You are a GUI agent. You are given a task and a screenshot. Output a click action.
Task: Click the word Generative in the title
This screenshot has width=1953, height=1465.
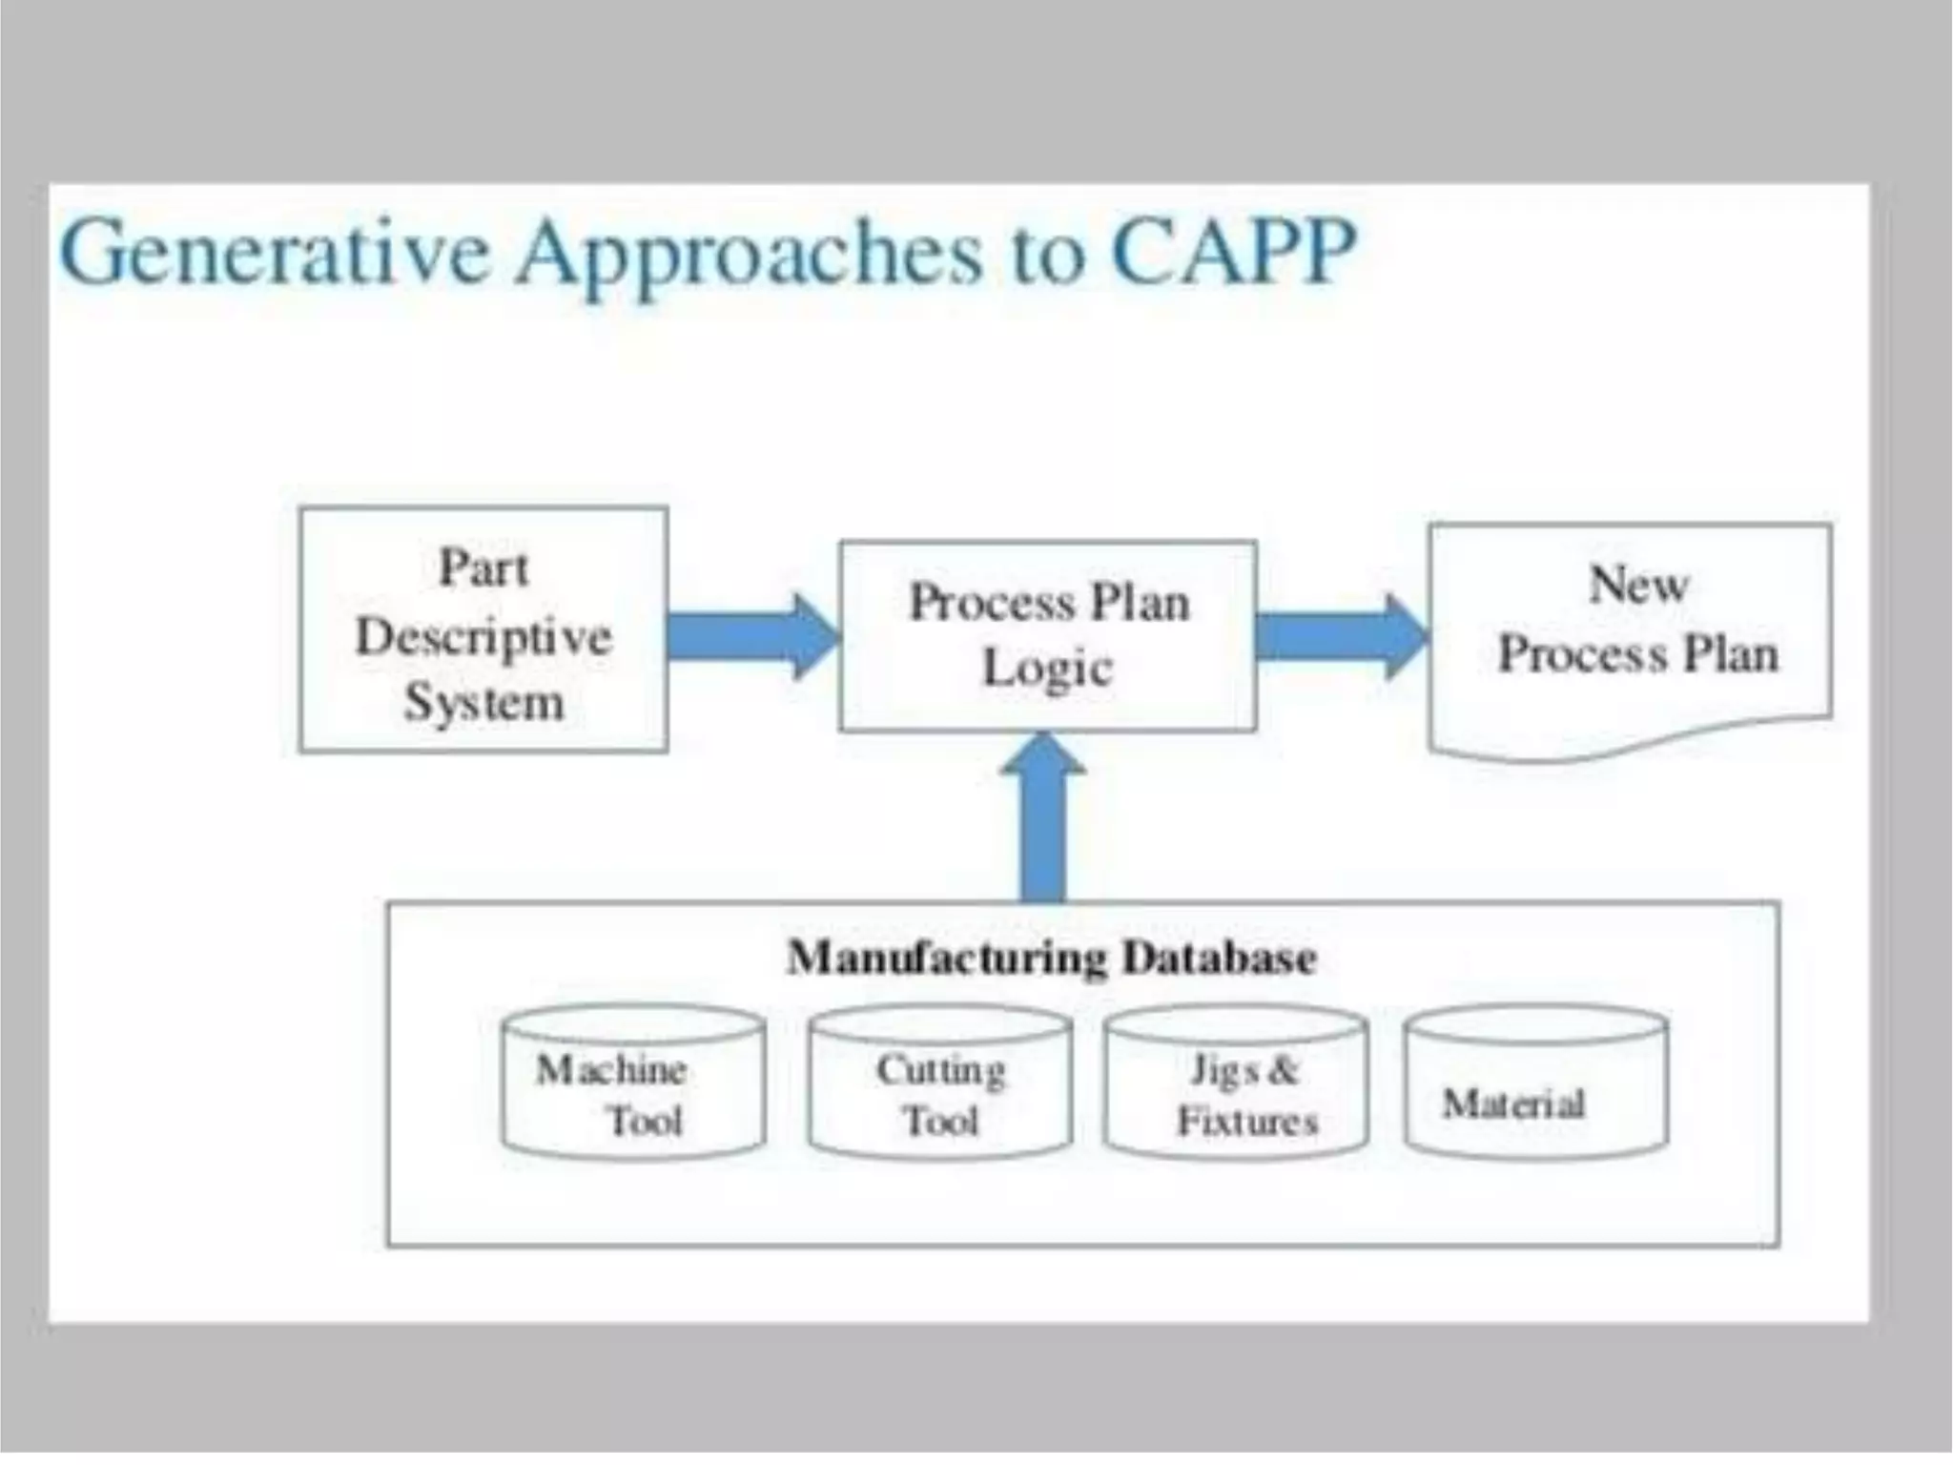click(x=275, y=252)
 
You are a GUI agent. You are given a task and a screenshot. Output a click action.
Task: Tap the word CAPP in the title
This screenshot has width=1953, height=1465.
click(x=1233, y=252)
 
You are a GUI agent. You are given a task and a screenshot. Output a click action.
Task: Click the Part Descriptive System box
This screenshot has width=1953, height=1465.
click(x=483, y=630)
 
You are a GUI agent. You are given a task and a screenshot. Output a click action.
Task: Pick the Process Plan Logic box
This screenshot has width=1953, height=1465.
click(x=1047, y=636)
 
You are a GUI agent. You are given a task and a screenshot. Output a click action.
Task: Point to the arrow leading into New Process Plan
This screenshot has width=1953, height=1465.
click(x=1341, y=636)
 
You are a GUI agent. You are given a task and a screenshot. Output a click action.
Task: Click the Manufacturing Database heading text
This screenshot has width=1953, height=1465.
click(x=1052, y=958)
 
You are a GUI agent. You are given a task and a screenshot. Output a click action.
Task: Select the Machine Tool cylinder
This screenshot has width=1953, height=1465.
click(x=633, y=1082)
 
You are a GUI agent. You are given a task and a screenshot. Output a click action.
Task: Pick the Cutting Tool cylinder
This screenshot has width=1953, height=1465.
click(x=940, y=1082)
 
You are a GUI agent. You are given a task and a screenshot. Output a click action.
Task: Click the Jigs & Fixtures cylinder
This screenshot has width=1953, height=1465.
click(x=1236, y=1082)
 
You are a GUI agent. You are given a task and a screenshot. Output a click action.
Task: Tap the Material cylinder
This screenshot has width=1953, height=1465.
click(x=1535, y=1082)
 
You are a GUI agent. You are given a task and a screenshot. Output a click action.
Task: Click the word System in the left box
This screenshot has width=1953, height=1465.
click(x=484, y=703)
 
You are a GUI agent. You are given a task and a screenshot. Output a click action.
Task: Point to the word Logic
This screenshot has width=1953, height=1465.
click(x=1047, y=668)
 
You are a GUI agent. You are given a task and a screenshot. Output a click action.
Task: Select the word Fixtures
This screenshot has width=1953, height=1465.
click(x=1247, y=1121)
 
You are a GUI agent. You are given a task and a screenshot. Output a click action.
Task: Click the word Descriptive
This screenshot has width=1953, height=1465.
click(x=483, y=636)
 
